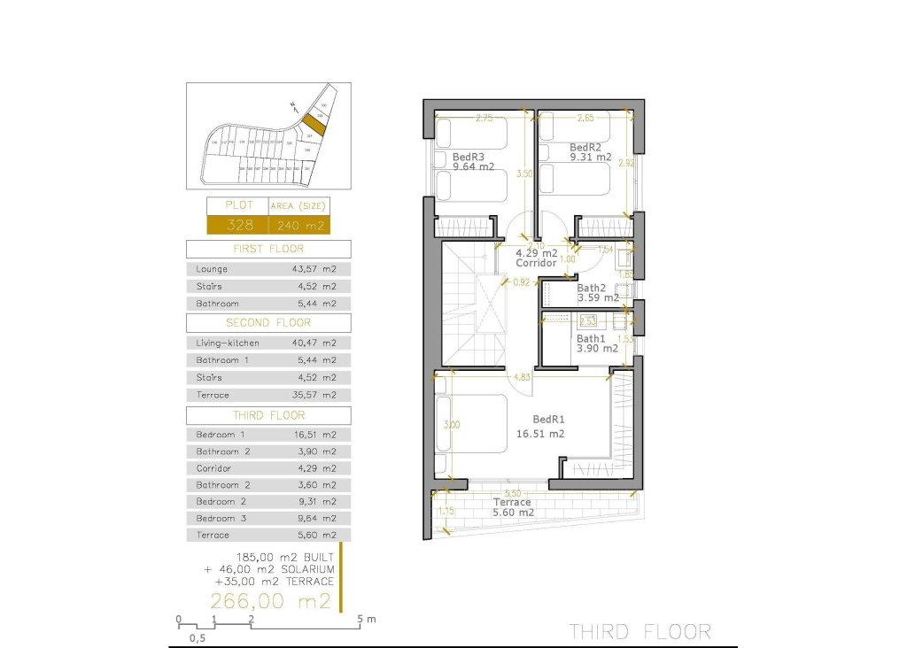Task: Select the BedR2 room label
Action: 585,147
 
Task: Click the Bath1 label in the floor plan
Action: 590,338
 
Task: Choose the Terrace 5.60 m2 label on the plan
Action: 513,502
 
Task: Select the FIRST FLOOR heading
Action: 268,249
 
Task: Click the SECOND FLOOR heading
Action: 268,322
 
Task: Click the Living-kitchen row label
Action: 228,343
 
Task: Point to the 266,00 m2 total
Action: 270,602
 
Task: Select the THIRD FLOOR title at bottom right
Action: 640,631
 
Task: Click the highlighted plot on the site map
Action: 314,123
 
